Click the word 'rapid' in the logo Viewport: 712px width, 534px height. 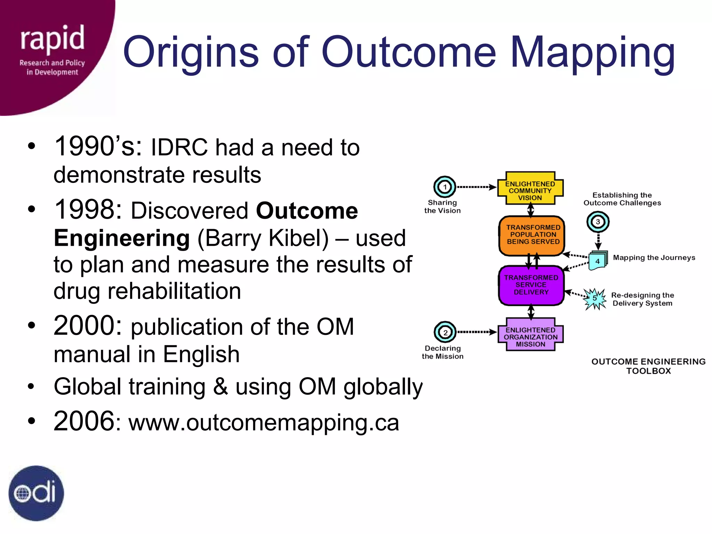click(x=52, y=38)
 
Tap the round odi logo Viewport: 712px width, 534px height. click(x=36, y=493)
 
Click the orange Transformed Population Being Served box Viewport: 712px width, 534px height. click(x=532, y=235)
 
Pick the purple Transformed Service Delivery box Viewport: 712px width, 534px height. click(x=531, y=285)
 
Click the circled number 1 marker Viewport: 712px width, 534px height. click(x=445, y=187)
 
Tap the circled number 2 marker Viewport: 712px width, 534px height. click(x=445, y=332)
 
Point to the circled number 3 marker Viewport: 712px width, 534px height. click(x=598, y=222)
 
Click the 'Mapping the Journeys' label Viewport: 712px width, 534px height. click(x=654, y=258)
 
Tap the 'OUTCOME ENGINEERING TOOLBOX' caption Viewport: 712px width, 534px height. click(x=648, y=366)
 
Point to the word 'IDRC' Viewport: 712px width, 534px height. click(x=179, y=147)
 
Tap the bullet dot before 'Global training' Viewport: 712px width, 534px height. click(x=32, y=386)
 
